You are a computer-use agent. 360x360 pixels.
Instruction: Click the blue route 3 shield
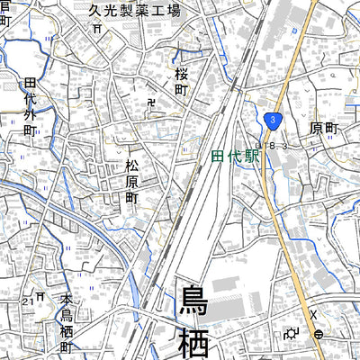(273, 119)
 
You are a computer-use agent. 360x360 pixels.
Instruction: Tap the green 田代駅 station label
(235, 155)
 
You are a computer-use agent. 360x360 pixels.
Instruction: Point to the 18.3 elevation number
(272, 145)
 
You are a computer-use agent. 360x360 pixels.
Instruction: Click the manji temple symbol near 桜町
(150, 103)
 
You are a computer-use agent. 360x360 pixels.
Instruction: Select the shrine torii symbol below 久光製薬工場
(96, 28)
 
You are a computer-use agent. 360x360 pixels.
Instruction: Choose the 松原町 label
(132, 180)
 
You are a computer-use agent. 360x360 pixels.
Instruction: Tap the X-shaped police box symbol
(313, 314)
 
